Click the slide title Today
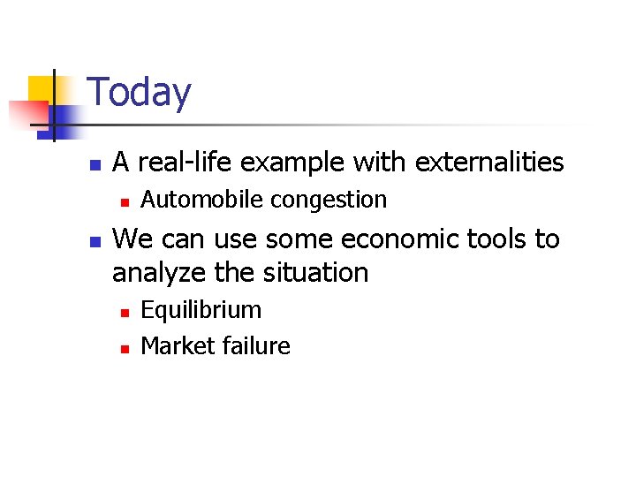coord(140,93)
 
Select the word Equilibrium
coord(201,311)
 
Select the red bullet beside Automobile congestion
coord(125,202)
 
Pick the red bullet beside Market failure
coord(125,348)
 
